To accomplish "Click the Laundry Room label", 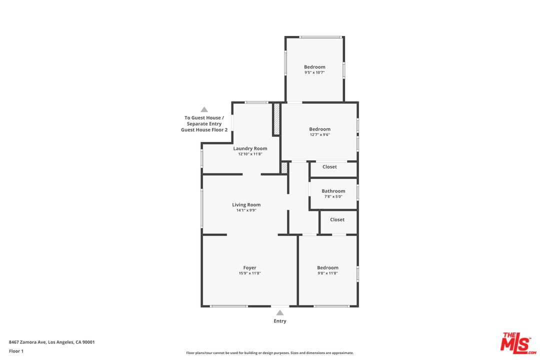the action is point(250,148).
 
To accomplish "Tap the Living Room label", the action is point(246,204).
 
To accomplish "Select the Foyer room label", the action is point(249,267).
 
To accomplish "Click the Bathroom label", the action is point(333,191).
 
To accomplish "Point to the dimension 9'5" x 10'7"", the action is point(314,72).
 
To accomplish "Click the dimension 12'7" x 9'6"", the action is point(320,134).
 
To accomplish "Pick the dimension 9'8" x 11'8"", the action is point(327,273).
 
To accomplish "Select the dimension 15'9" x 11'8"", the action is point(249,273).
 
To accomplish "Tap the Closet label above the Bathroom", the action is point(329,166).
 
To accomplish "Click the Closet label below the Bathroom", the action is point(337,219).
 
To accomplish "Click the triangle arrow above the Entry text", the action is point(280,313).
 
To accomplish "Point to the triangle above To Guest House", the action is point(204,109).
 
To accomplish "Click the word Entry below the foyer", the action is point(280,321).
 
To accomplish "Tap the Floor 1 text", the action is point(16,351).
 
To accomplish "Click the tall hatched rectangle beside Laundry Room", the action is point(276,119).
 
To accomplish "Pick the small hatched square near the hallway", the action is point(284,168).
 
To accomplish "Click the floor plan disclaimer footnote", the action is point(270,353).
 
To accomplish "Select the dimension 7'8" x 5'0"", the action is point(333,196).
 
